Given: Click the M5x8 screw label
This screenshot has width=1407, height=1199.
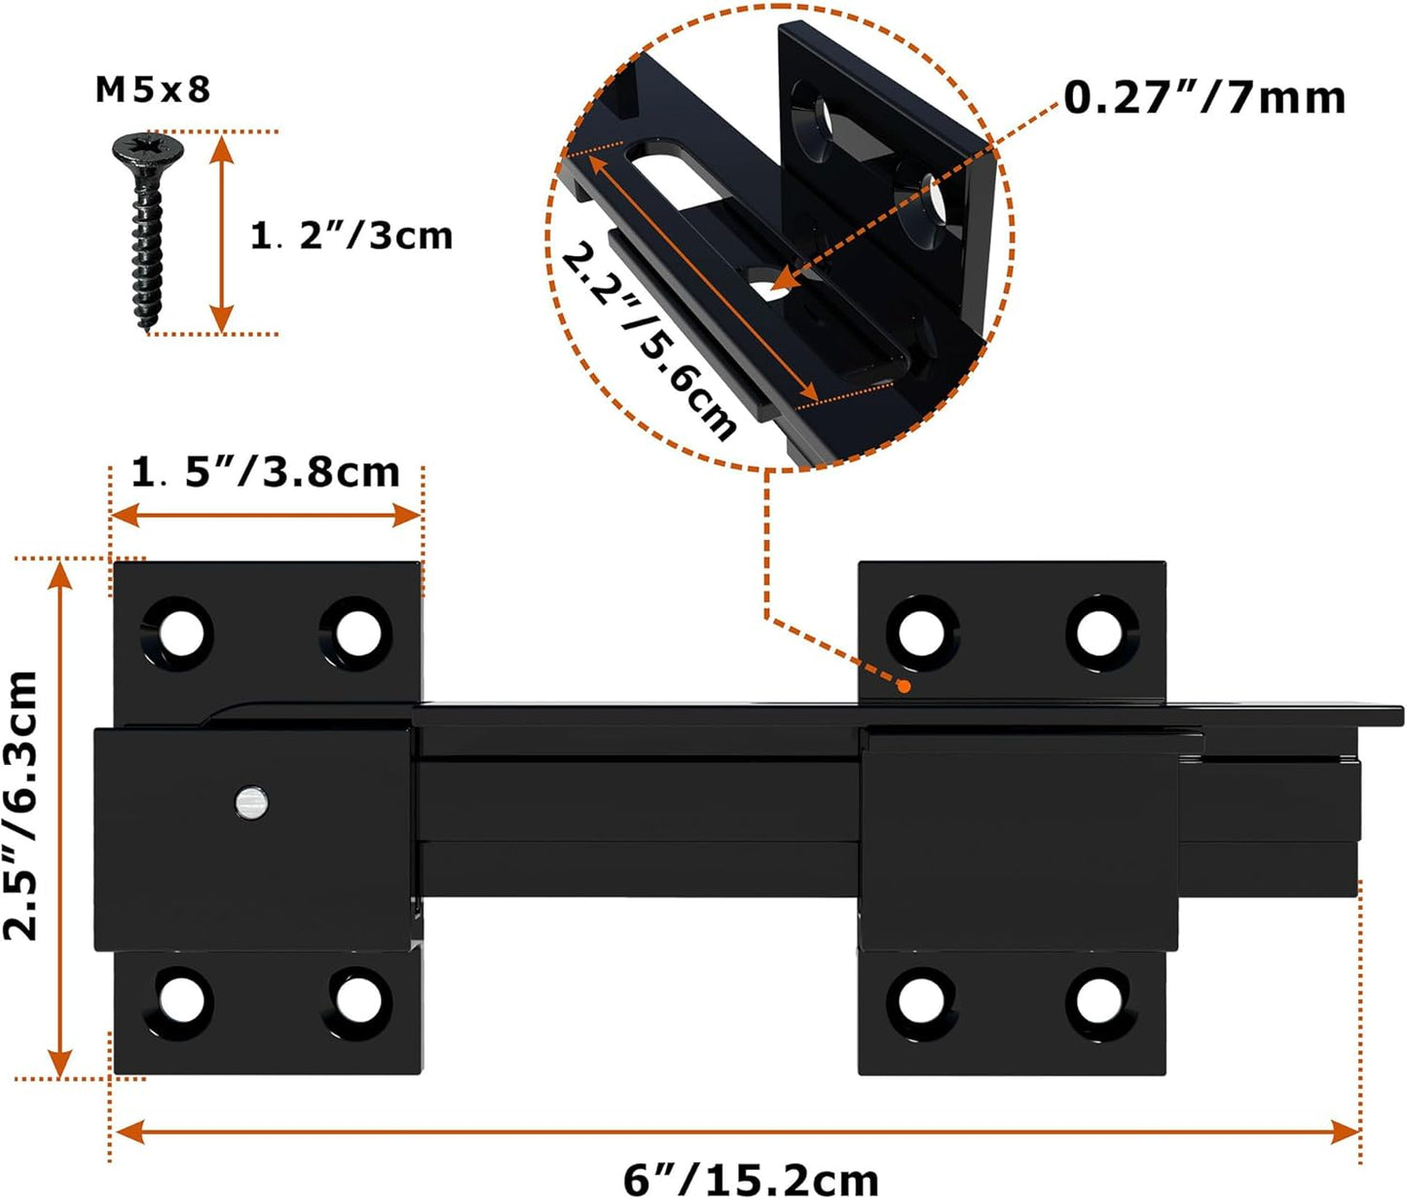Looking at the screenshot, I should coord(153,90).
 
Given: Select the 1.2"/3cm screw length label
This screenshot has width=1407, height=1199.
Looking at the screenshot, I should coord(352,236).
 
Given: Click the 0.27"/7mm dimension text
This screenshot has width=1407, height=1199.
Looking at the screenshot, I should coord(1204,97).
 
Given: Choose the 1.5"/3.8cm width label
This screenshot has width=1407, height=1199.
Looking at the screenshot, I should coord(266,472).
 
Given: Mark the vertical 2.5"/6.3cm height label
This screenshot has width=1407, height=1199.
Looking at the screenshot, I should coord(21,805).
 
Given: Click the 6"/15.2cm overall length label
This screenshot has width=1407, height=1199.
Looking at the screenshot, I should coord(751,1179).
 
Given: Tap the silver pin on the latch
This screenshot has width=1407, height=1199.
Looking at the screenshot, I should coord(251,803).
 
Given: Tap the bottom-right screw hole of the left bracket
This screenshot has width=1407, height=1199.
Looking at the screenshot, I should coord(358,999).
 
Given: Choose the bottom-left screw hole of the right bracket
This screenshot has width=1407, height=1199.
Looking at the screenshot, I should coord(921,999).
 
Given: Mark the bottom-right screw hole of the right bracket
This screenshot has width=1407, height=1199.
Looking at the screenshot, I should coord(1100,999).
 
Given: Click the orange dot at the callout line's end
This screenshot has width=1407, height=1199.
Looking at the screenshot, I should coord(904,686).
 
